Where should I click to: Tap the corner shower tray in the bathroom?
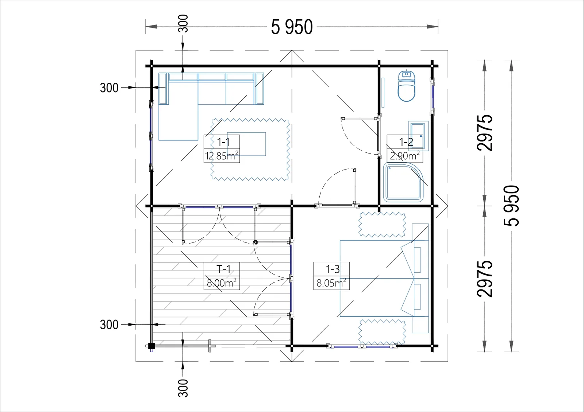point(403,182)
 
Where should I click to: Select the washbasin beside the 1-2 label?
point(418,136)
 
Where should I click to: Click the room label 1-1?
point(223,142)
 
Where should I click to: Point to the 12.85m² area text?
point(222,156)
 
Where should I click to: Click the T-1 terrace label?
point(223,269)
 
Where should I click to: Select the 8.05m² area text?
point(331,283)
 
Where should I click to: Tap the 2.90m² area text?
point(405,156)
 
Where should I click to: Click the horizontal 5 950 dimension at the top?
point(292,27)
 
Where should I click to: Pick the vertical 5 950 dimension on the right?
point(511,206)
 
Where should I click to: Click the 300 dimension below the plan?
point(183,388)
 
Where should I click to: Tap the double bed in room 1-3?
point(384,278)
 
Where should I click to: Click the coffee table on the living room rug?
point(246,144)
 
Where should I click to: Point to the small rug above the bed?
point(382,225)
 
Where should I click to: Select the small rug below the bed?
point(382,332)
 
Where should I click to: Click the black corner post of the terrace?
point(151,346)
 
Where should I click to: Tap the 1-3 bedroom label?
point(333,269)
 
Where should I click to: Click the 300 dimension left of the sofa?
point(109,88)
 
